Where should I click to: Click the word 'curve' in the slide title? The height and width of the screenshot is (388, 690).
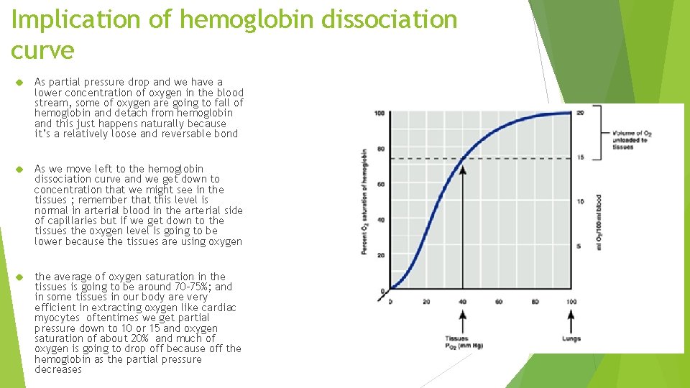(42, 50)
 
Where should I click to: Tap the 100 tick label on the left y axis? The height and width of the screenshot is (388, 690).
(379, 114)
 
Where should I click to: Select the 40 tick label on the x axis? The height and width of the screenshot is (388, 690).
(462, 301)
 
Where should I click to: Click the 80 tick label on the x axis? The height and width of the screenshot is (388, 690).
(535, 301)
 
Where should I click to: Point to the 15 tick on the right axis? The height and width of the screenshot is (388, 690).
(580, 157)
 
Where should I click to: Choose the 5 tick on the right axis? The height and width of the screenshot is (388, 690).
(580, 246)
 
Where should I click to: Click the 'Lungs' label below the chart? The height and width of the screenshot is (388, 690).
(571, 338)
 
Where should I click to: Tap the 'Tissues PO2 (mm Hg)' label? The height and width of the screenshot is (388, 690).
(461, 342)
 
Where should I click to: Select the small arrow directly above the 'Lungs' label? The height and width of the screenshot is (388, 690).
(571, 320)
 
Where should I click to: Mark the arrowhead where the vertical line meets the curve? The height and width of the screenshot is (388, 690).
(462, 170)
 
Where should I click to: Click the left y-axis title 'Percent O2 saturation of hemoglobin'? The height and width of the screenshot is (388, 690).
(364, 201)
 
